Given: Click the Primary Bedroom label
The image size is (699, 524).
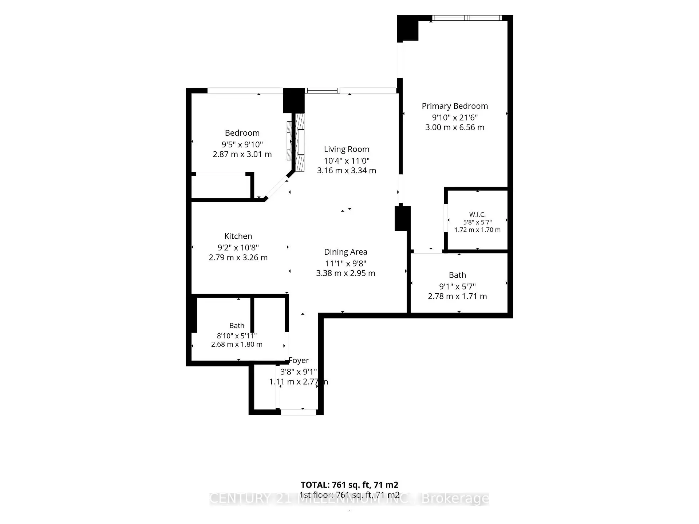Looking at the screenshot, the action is [x=455, y=106].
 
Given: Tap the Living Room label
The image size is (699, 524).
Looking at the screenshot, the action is [x=347, y=149].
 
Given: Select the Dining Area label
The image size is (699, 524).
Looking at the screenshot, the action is [x=346, y=252].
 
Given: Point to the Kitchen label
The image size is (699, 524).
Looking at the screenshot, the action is [x=238, y=236].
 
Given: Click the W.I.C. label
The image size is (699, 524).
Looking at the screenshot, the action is [x=477, y=215].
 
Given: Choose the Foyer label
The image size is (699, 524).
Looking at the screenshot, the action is [x=299, y=360].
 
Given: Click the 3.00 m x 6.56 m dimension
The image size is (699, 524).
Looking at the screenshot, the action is [x=455, y=127].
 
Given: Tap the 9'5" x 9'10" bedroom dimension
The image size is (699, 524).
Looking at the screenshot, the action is [x=242, y=144].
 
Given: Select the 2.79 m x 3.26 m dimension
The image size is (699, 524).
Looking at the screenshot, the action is [x=238, y=258].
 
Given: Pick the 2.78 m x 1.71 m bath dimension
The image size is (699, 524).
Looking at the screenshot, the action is [x=457, y=296].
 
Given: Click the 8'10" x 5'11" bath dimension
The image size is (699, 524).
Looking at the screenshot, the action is [x=237, y=336].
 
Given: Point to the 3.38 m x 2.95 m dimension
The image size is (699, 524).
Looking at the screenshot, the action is [x=345, y=273].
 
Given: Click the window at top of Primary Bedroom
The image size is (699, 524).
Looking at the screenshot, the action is [x=467, y=18].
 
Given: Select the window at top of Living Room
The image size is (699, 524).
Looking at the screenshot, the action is [x=323, y=91].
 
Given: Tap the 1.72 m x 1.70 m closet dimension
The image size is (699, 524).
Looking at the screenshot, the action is [x=477, y=230].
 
